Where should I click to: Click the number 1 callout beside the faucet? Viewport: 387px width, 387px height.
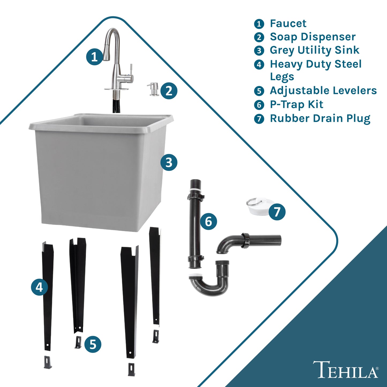[94, 57]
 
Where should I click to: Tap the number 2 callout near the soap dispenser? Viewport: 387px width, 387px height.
[169, 91]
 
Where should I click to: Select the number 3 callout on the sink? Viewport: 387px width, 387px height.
[169, 162]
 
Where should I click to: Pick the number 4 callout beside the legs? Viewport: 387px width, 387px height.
[39, 287]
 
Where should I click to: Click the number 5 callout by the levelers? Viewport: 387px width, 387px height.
[93, 344]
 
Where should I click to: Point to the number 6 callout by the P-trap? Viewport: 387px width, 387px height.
[208, 221]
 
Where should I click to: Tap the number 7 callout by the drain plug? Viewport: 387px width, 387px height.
[277, 212]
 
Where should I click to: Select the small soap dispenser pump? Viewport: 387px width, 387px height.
[153, 89]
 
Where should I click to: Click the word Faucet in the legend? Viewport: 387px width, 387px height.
[288, 24]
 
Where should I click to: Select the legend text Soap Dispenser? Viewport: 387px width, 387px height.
[313, 37]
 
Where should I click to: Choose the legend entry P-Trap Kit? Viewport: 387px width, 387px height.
[296, 104]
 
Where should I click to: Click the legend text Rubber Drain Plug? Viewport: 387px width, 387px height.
[320, 118]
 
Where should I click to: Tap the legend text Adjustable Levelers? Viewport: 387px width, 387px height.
[323, 91]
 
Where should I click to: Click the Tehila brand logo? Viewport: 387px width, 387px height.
[345, 370]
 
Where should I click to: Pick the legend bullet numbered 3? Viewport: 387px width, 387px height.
[259, 51]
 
